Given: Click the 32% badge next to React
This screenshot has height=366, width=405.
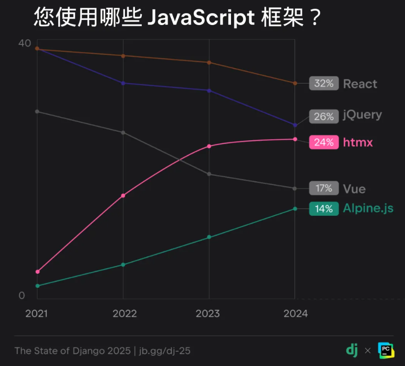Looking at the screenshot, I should (x=324, y=84).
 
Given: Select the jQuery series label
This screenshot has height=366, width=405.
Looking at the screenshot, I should (x=362, y=115).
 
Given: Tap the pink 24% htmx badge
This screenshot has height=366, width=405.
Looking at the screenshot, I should (x=324, y=142).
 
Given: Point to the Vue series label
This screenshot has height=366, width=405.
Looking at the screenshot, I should (x=354, y=188).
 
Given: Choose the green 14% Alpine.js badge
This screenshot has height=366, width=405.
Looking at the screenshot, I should (x=324, y=209).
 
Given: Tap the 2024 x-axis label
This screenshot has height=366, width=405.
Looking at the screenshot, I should (x=295, y=314).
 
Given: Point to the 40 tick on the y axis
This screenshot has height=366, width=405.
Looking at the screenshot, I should (x=24, y=43).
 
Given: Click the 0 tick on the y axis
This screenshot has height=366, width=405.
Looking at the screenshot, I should (x=21, y=295).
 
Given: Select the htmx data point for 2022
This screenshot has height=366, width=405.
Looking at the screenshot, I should (x=123, y=196).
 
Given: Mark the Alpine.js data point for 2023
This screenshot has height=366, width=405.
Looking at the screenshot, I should (x=209, y=237).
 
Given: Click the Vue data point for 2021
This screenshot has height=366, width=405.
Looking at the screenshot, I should (x=37, y=112).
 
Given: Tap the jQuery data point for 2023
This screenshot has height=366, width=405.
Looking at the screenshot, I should (x=209, y=91).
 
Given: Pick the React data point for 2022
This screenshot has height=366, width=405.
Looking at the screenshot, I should (x=123, y=56).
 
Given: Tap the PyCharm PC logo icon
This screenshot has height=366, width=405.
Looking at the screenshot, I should (x=385, y=350).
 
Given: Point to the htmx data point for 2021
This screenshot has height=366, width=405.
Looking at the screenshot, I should (x=37, y=272).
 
